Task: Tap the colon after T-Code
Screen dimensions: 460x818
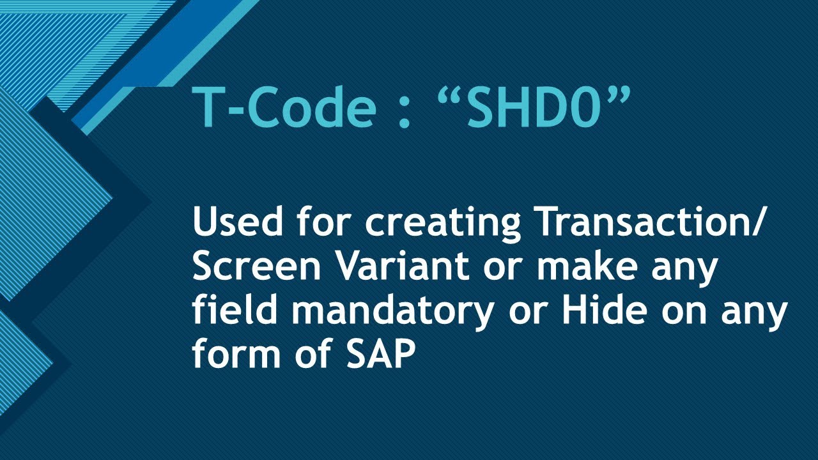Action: [x=403, y=110]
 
